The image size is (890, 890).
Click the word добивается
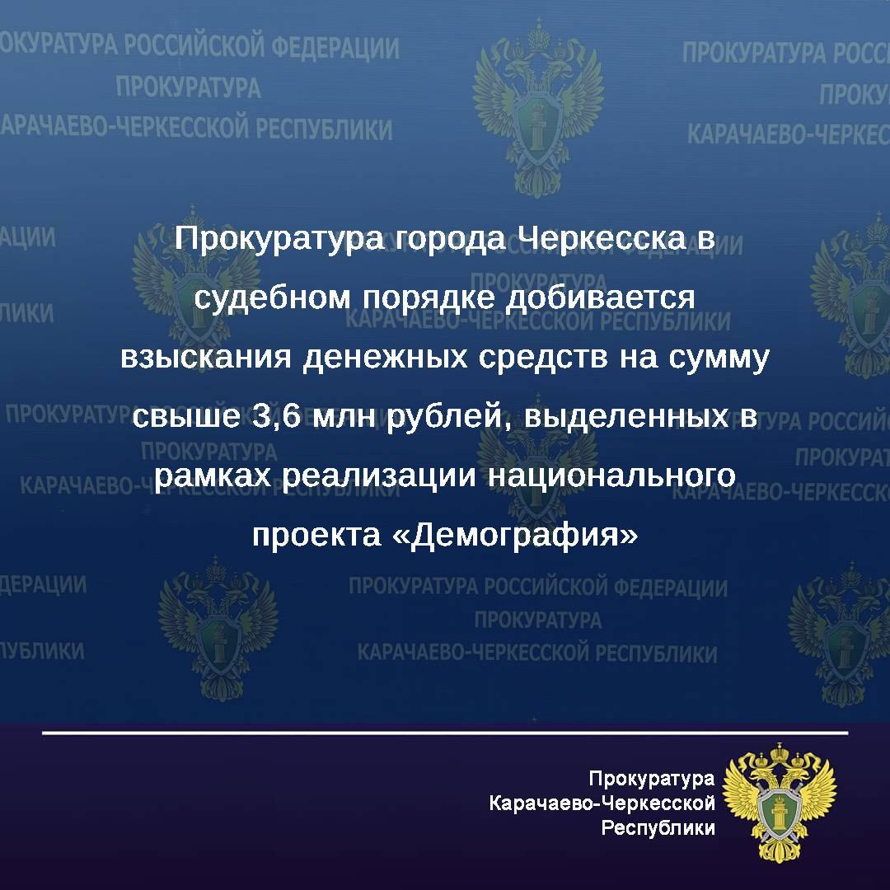[x=600, y=298]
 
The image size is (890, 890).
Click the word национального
[x=611, y=475]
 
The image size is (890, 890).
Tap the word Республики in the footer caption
[x=658, y=828]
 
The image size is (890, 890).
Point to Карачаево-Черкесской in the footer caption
[x=602, y=803]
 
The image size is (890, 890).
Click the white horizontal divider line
[x=445, y=733]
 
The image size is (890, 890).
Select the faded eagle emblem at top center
[x=537, y=108]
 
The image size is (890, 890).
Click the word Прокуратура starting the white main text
[x=279, y=239]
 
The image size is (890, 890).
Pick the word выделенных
[x=626, y=417]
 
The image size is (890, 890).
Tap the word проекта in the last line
[x=316, y=536]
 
